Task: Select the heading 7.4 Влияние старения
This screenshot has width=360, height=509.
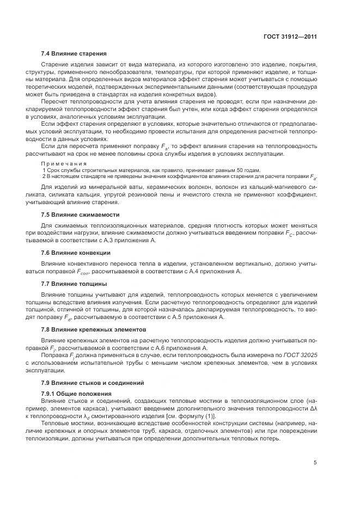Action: [74, 53]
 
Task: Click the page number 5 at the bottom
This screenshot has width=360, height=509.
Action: [315, 463]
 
